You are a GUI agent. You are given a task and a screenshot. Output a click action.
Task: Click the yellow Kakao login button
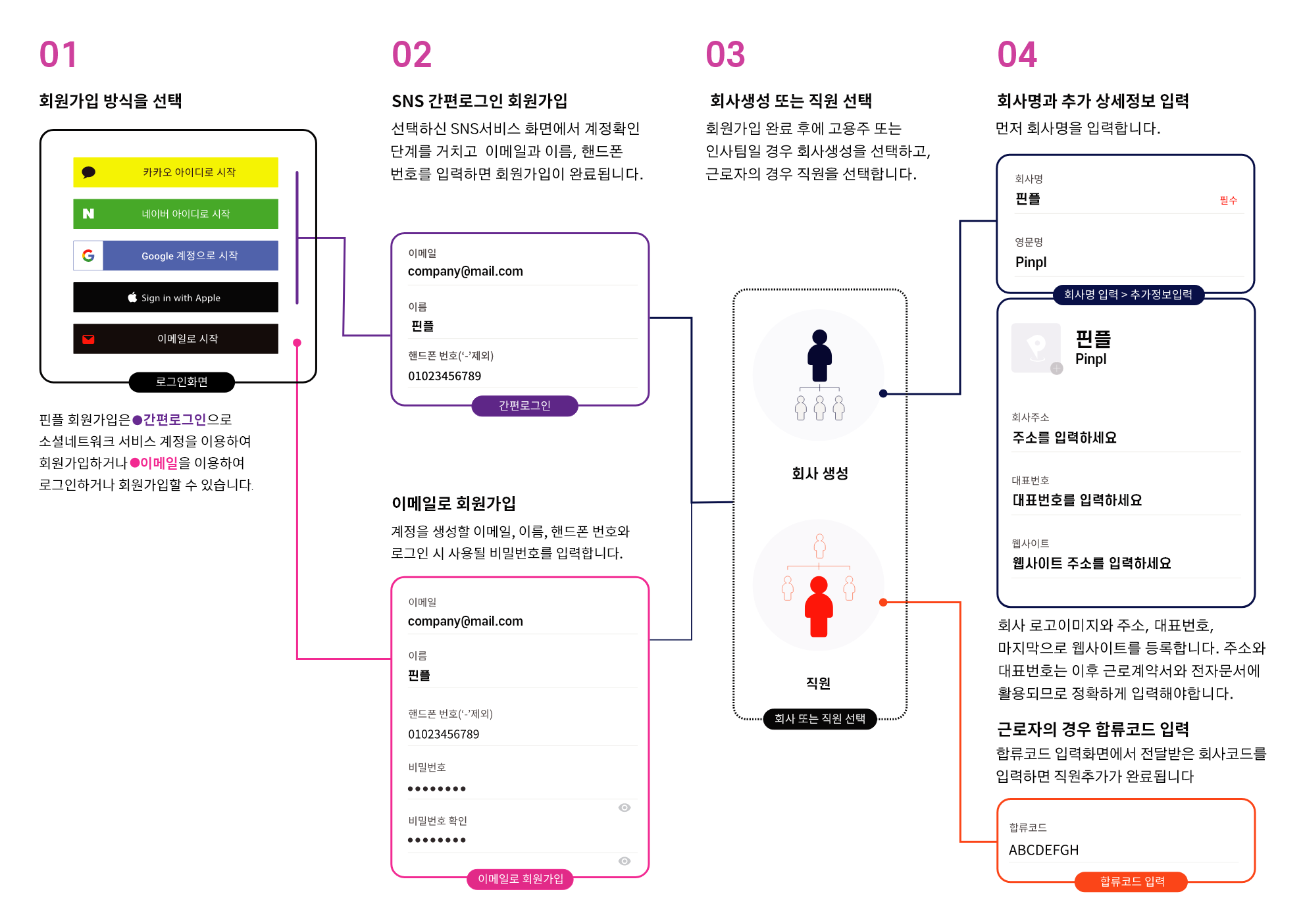coord(176,172)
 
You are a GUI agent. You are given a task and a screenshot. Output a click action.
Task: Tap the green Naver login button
coord(176,214)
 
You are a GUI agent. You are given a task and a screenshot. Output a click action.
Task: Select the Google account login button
coord(176,255)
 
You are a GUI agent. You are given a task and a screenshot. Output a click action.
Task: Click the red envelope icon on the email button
coord(88,339)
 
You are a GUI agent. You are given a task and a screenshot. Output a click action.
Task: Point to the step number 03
coord(725,55)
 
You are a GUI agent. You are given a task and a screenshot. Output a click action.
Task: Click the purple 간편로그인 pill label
coord(524,406)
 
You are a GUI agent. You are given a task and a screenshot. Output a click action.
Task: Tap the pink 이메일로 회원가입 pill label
coord(520,879)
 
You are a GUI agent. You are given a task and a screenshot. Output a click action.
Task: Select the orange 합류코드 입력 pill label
coord(1132,882)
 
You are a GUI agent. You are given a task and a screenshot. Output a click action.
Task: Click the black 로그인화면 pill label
coord(182,382)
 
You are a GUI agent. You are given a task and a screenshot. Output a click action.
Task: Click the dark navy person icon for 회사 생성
coord(819,355)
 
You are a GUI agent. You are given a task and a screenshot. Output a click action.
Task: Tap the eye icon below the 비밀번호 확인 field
coord(625,861)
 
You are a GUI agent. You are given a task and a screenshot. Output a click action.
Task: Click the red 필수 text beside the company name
coord(1229,200)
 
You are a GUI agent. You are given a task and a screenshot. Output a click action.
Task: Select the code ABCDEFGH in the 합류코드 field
coord(1044,850)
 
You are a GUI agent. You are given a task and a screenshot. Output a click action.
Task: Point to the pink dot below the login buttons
coord(297,343)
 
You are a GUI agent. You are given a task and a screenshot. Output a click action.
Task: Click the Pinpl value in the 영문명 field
coord(1031,262)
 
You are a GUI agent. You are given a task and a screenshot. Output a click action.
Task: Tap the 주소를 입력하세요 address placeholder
coord(1064,437)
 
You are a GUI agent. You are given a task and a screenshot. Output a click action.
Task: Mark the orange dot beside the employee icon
coord(883,602)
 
